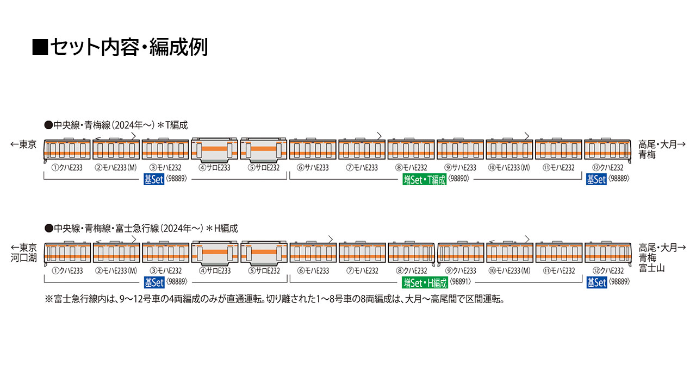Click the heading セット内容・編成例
120,47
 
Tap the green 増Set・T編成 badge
424,180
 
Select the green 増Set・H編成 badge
425,282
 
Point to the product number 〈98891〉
459,282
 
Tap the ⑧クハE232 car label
411,271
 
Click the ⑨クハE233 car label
459,271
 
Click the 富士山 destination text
651,268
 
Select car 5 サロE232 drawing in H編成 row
264,253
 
